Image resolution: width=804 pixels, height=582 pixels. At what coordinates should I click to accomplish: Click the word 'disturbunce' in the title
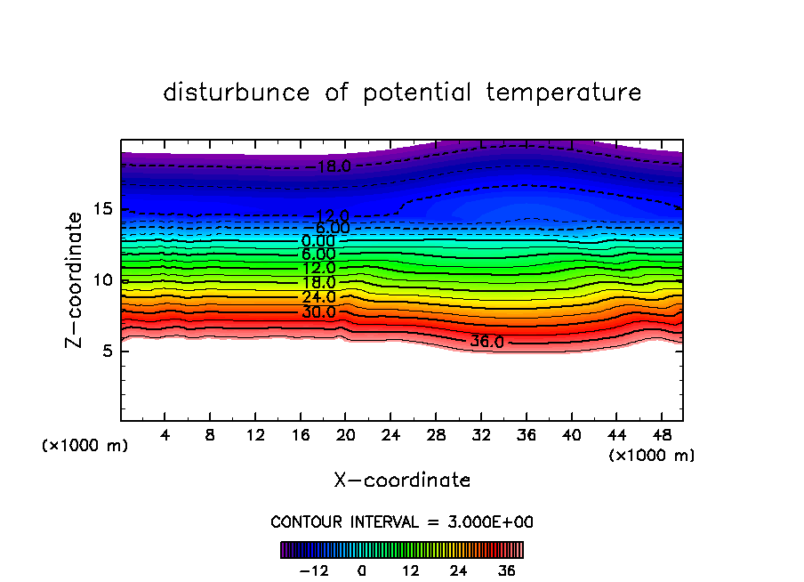(236, 93)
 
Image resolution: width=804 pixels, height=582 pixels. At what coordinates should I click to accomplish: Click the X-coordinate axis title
(402, 480)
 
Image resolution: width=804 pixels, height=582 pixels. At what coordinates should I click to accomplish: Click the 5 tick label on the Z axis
(104, 351)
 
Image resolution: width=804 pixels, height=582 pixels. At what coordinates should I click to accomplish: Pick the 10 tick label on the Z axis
(100, 280)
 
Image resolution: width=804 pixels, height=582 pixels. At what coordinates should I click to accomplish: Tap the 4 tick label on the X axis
(165, 435)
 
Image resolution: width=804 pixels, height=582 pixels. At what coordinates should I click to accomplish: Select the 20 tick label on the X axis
(346, 435)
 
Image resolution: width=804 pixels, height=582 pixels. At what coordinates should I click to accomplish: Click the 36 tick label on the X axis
(527, 435)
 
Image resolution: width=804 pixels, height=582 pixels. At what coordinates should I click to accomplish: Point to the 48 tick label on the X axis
(662, 435)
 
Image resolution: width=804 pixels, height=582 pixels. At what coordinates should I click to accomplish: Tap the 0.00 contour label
(318, 241)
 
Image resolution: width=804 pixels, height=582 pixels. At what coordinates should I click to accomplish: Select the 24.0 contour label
(318, 297)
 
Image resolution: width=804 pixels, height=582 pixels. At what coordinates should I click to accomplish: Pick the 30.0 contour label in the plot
(318, 312)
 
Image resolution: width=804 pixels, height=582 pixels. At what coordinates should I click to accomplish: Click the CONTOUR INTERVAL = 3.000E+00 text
(402, 521)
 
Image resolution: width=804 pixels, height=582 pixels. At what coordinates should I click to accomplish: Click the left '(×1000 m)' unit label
(85, 446)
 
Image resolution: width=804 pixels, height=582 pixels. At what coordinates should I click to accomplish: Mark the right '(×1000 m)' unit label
(651, 455)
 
